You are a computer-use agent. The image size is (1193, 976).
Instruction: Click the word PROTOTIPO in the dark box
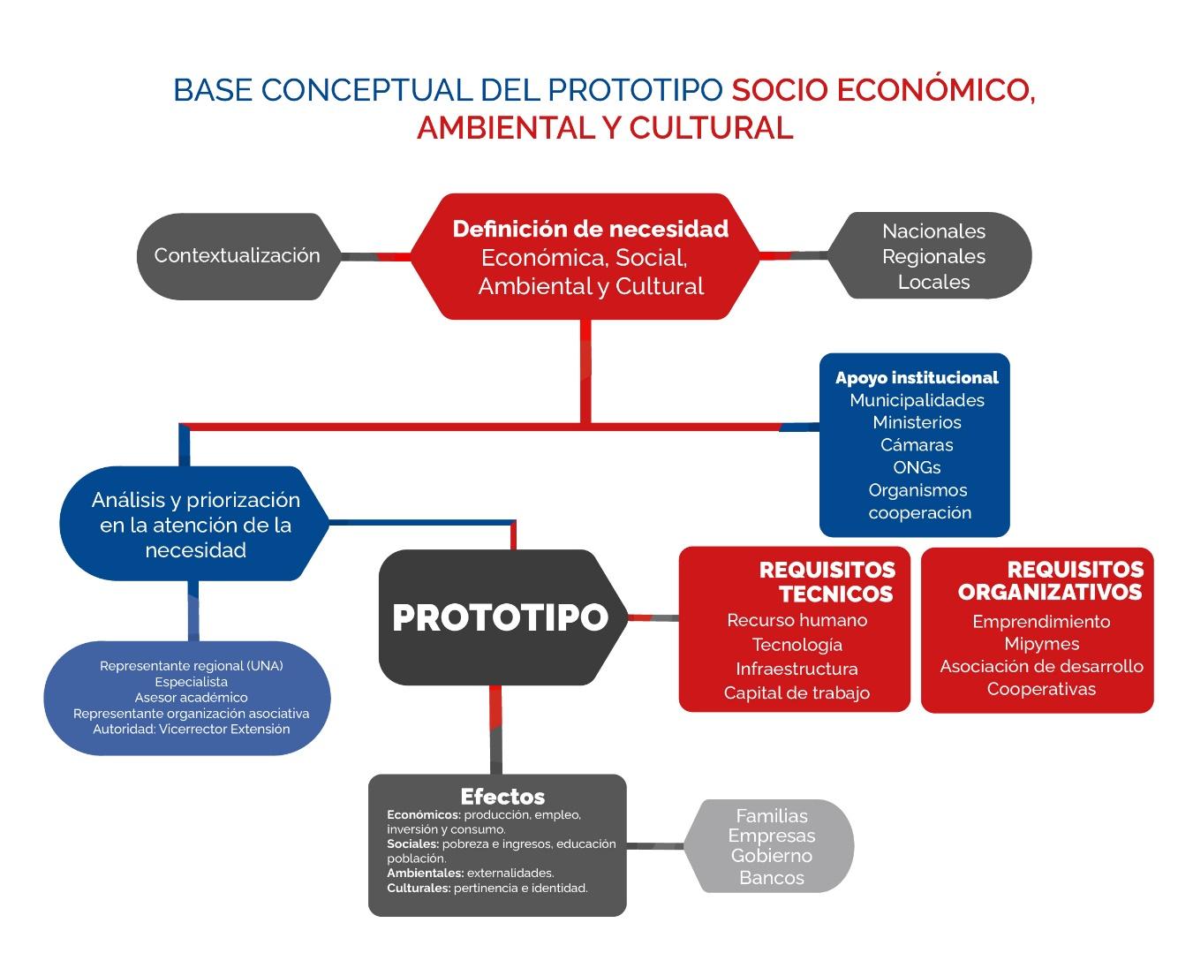(500, 617)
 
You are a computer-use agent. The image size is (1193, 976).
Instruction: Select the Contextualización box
(237, 256)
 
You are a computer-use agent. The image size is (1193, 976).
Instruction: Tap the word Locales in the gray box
(933, 283)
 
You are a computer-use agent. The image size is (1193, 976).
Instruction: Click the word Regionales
(933, 257)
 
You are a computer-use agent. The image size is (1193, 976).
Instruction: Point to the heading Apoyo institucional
(917, 378)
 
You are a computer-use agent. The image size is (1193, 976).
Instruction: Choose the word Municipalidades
(917, 400)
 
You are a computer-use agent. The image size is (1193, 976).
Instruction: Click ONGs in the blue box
(917, 467)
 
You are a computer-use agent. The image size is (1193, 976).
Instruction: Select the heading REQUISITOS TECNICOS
(827, 582)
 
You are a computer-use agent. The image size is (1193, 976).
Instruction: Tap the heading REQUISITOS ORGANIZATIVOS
(1051, 580)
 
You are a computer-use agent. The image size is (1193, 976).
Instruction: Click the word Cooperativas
(1041, 689)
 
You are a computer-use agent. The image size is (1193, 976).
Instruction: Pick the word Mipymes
(1041, 644)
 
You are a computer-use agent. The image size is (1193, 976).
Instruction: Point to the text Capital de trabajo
(797, 693)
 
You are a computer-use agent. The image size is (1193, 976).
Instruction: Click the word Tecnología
(797, 645)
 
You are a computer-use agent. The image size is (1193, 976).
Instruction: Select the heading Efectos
(502, 796)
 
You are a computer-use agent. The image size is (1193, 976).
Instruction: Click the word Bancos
(772, 878)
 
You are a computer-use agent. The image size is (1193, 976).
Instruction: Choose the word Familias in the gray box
(772, 816)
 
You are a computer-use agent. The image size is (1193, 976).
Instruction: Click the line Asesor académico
(191, 698)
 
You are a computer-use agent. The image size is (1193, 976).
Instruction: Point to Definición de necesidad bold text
(590, 230)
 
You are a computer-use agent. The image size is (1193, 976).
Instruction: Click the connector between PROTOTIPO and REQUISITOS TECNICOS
(653, 617)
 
